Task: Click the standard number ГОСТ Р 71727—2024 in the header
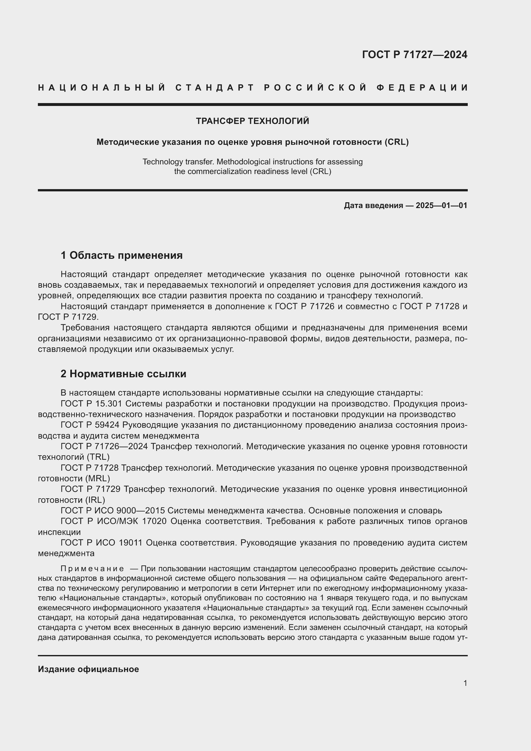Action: [x=414, y=55]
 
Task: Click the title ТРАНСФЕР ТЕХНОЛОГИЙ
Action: [x=252, y=121]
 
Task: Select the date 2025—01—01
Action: [x=441, y=205]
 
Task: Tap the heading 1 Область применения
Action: [x=121, y=255]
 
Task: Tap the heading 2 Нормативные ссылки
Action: [x=123, y=373]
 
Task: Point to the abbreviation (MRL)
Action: [x=98, y=478]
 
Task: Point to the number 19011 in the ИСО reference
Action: [x=130, y=543]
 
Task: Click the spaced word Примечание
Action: [x=92, y=569]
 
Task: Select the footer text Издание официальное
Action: [x=88, y=669]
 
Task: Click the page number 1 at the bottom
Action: [x=465, y=689]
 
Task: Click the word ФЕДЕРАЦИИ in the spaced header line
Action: [x=422, y=88]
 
